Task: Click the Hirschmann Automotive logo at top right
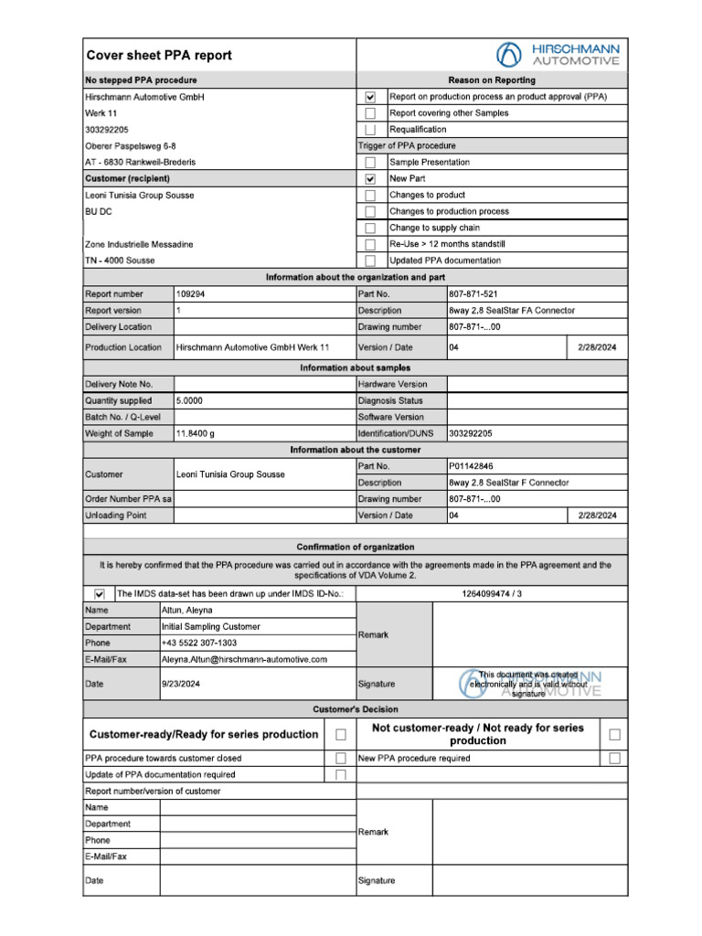point(558,55)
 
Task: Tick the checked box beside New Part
point(370,179)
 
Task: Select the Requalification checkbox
point(370,130)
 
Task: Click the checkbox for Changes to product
point(370,196)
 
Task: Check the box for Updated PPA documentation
point(370,261)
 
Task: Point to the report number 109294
point(191,294)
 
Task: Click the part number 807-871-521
point(473,294)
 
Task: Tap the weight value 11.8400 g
point(195,433)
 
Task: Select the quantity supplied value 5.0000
point(189,400)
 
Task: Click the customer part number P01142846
point(472,466)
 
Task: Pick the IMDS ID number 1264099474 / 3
point(493,594)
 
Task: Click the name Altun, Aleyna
point(187,611)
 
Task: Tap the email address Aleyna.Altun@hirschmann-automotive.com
point(244,659)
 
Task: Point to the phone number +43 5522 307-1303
point(198,643)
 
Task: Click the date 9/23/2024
point(181,683)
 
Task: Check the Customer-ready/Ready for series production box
point(341,734)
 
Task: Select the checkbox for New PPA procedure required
point(615,758)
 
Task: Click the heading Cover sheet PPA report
point(159,55)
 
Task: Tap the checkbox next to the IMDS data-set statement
point(100,594)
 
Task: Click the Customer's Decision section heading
point(356,709)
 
